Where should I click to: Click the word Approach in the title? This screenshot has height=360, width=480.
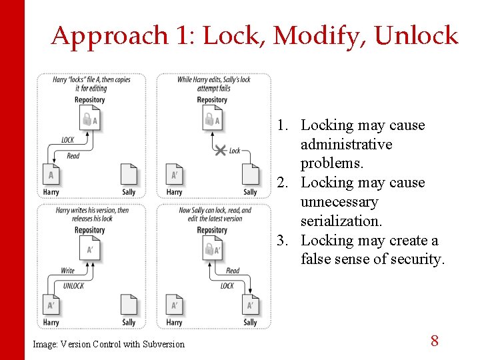click(x=109, y=36)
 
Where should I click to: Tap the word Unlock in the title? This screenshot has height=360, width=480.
click(x=416, y=36)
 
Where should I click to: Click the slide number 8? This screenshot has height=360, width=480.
click(x=434, y=341)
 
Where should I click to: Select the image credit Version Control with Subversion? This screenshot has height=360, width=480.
click(x=108, y=344)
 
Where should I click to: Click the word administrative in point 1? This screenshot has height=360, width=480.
click(x=346, y=145)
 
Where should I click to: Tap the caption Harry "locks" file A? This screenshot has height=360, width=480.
click(x=91, y=84)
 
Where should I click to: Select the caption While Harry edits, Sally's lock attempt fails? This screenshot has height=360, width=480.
click(x=214, y=84)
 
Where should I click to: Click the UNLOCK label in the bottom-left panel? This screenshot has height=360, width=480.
click(x=73, y=285)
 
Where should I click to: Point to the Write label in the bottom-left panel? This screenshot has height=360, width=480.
click(x=68, y=271)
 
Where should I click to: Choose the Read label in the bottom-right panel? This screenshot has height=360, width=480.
click(x=233, y=271)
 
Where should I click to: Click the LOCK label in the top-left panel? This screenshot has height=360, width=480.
click(x=68, y=140)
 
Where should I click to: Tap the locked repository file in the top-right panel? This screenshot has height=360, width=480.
click(x=213, y=120)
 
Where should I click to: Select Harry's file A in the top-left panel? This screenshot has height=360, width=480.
click(x=51, y=175)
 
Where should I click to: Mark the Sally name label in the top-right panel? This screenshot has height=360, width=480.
click(x=250, y=192)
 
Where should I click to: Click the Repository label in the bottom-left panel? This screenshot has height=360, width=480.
click(x=89, y=230)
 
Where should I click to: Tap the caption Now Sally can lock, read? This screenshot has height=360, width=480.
click(x=215, y=214)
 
